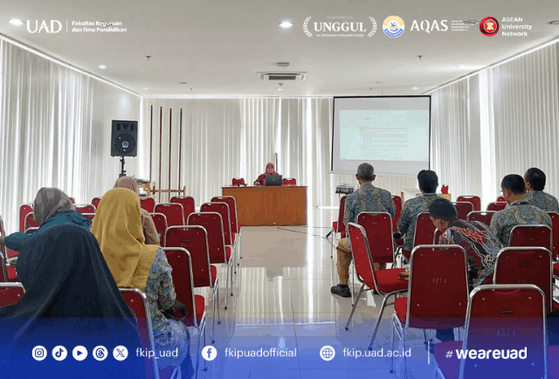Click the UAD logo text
(43, 26)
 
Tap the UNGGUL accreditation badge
(340, 26)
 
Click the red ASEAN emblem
(488, 26)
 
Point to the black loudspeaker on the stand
(124, 138)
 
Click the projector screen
(381, 134)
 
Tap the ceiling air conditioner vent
(282, 76)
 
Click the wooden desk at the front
(264, 205)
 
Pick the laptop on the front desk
(273, 180)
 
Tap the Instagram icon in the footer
(39, 353)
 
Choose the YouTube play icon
(79, 353)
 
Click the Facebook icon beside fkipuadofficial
(209, 353)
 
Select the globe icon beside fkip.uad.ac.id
(328, 353)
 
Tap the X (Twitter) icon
(121, 353)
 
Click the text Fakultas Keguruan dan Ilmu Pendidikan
(99, 26)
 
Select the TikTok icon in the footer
(59, 353)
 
